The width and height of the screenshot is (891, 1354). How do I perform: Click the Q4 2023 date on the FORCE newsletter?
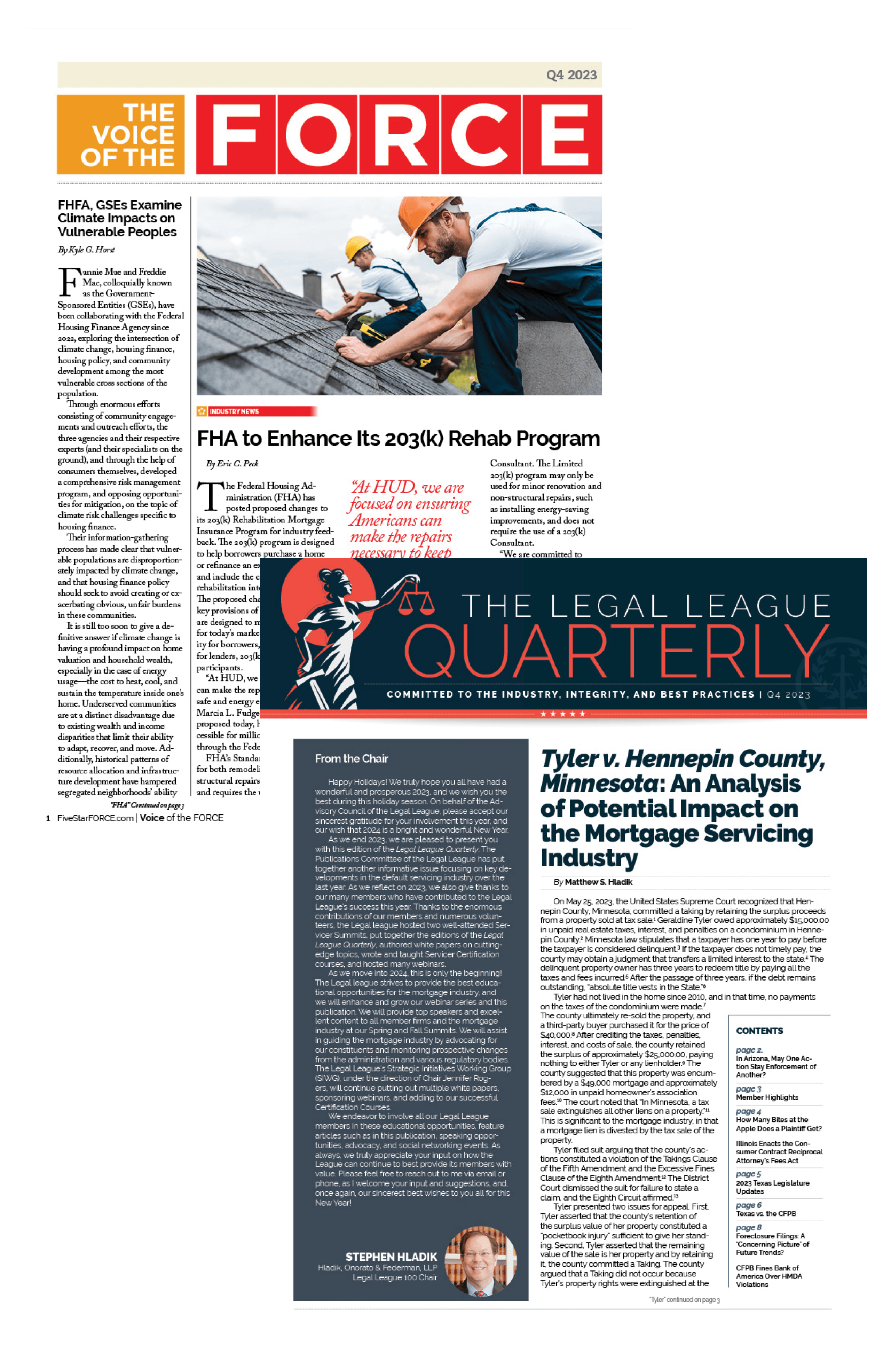[x=571, y=75]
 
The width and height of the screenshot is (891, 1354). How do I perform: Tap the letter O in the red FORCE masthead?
[x=317, y=134]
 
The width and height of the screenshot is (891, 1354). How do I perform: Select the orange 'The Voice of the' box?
[x=121, y=134]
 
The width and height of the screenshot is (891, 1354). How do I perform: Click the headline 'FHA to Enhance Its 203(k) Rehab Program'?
[x=398, y=439]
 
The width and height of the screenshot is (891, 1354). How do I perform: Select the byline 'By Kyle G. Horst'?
[x=86, y=250]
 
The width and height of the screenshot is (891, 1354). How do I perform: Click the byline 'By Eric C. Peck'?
[x=232, y=464]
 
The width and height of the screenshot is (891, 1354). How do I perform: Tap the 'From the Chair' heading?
[x=352, y=758]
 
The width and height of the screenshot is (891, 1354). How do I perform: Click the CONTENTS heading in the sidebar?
[x=759, y=1031]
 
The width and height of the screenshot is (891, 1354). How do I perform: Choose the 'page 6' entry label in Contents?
[x=748, y=1205]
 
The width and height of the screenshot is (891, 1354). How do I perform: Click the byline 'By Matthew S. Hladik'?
[x=593, y=882]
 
